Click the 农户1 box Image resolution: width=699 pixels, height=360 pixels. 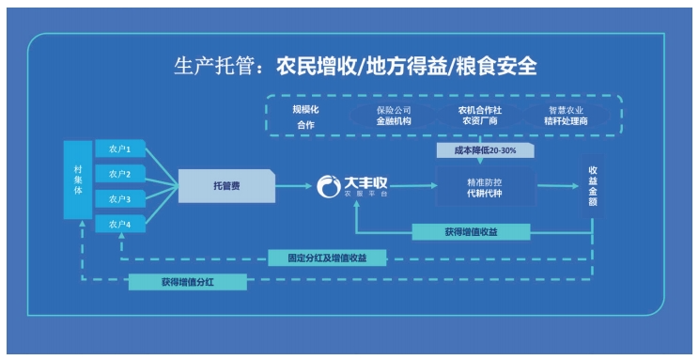coord(119,149)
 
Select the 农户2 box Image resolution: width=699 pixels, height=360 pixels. coord(119,173)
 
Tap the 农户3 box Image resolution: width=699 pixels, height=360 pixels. coord(119,198)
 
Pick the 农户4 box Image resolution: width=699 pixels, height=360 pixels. coord(119,223)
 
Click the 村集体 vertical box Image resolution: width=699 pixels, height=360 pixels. coord(78,180)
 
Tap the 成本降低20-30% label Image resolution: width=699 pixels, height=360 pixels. coord(483,150)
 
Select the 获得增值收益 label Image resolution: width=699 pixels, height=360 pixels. coord(472,231)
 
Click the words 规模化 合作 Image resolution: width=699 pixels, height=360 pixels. coord(306,117)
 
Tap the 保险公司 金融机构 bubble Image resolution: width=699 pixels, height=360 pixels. coord(393,116)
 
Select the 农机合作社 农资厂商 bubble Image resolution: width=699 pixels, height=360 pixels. coord(479,116)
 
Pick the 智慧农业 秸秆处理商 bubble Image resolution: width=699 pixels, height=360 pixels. coord(568,116)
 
